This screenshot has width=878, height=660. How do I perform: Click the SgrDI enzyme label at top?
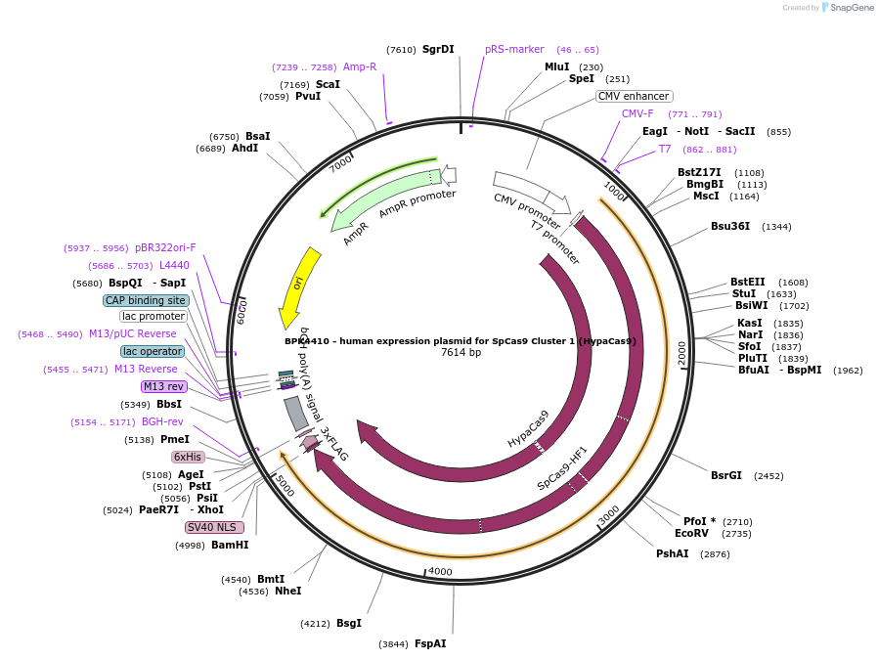(438, 49)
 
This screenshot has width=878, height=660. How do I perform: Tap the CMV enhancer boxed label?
(634, 96)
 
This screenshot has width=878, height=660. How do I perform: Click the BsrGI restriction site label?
(726, 475)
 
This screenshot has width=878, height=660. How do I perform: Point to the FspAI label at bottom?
(430, 643)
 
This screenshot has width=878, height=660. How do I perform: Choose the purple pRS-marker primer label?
(514, 49)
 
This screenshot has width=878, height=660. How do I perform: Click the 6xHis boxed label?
(188, 457)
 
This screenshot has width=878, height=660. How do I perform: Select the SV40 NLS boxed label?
(214, 527)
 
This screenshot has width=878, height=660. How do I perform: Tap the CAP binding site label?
(146, 300)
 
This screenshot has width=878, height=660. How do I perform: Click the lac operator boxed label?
(153, 351)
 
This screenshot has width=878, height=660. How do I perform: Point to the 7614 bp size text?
(461, 352)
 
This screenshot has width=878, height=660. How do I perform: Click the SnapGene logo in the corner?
(848, 8)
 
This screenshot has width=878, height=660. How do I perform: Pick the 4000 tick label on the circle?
(440, 571)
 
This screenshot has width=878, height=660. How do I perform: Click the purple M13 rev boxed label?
(163, 386)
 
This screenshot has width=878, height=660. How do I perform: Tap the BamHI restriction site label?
(230, 545)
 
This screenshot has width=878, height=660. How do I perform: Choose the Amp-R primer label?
(360, 66)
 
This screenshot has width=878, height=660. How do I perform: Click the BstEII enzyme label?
(748, 282)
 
